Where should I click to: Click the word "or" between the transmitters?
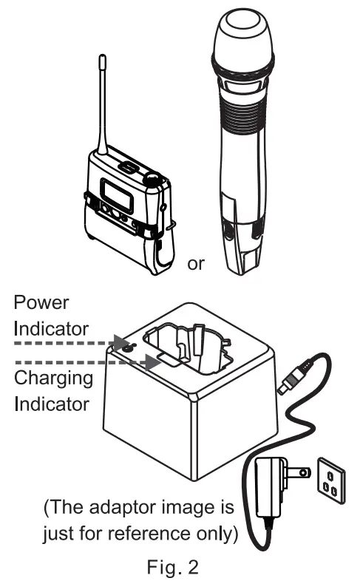click(196, 264)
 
